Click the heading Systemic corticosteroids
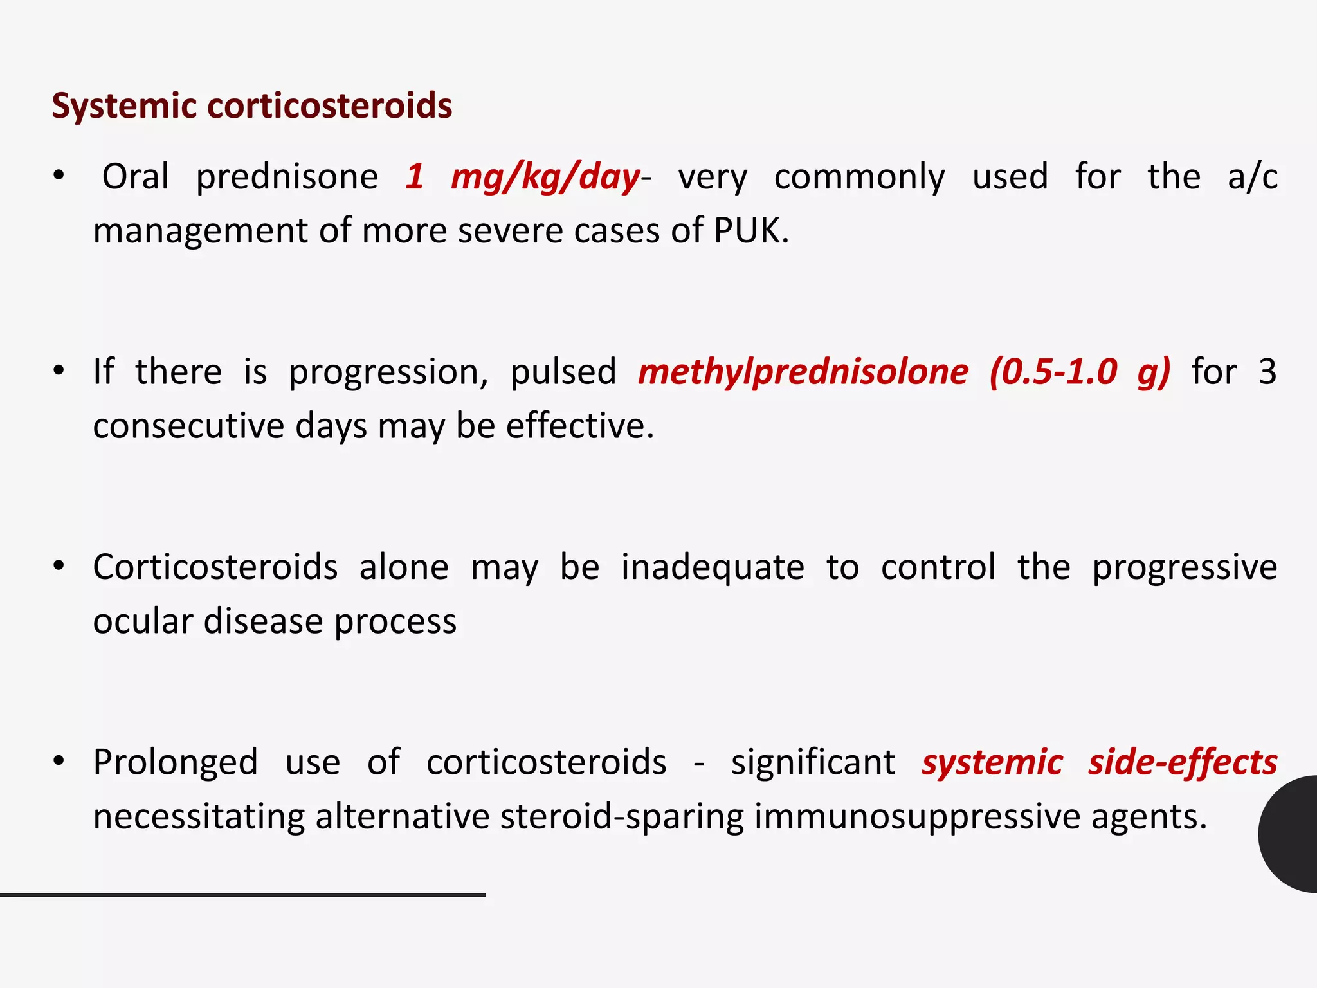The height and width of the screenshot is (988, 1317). click(x=251, y=105)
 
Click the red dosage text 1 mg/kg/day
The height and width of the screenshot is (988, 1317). click(x=522, y=177)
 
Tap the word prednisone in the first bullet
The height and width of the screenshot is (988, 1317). click(x=287, y=177)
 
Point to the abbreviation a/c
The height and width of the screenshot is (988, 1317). click(x=1251, y=177)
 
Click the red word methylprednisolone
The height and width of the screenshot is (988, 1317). click(x=803, y=372)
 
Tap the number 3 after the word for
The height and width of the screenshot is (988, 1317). click(x=1267, y=372)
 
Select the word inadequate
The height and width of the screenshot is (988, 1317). click(x=713, y=567)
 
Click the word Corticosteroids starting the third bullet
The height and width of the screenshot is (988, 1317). click(x=215, y=567)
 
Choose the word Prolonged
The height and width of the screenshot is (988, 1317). click(x=175, y=762)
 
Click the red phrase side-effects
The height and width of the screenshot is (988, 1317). click(x=1182, y=762)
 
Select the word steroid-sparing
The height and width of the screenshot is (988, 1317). click(x=621, y=817)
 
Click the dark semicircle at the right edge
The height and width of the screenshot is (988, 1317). click(x=1289, y=834)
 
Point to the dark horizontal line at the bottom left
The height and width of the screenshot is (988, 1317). click(x=242, y=895)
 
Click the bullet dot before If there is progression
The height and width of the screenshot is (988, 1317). click(x=59, y=371)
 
